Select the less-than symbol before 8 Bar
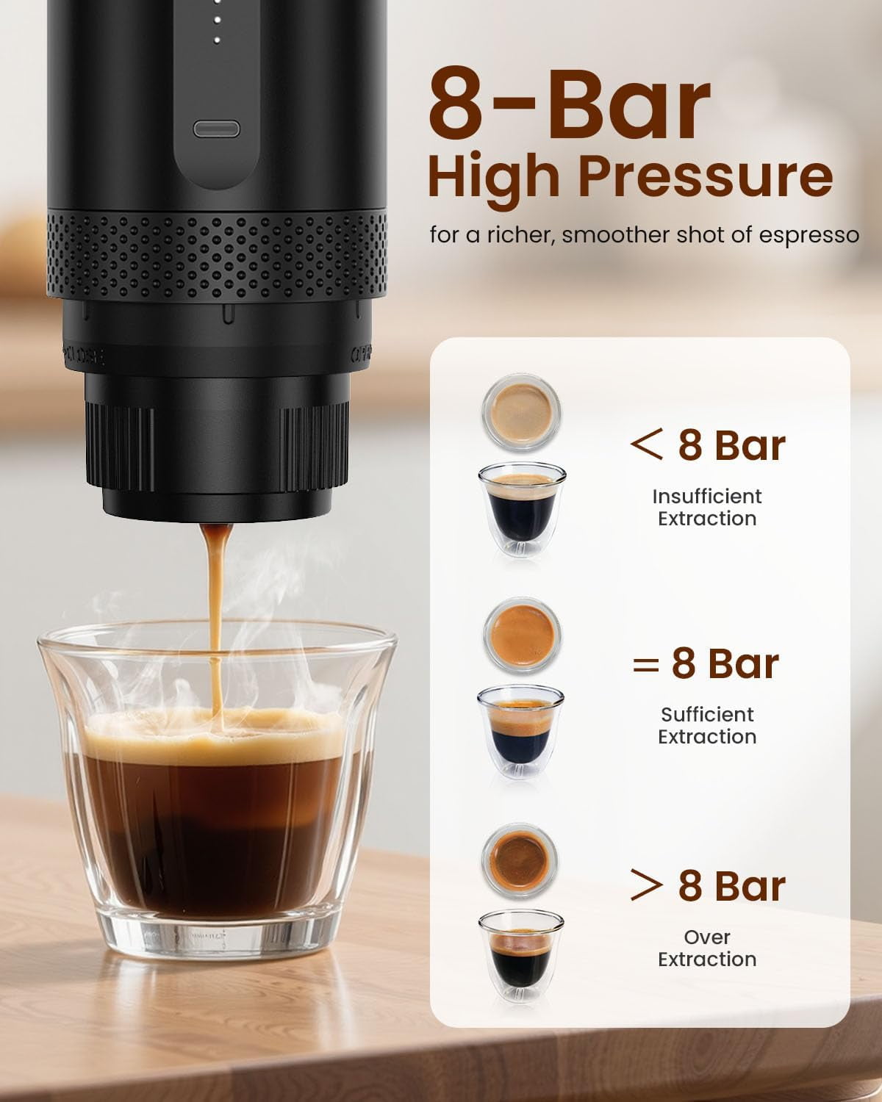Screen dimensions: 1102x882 [x=646, y=445]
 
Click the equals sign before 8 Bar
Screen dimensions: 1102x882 [x=645, y=664]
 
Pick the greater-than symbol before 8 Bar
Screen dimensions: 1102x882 [x=646, y=885]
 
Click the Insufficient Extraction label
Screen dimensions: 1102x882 [x=707, y=508]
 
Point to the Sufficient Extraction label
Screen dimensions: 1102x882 [x=707, y=726]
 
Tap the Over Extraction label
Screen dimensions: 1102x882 [x=707, y=948]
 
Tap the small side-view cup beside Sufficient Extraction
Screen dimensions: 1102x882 [x=520, y=731]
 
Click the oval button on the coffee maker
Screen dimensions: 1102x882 [x=215, y=129]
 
